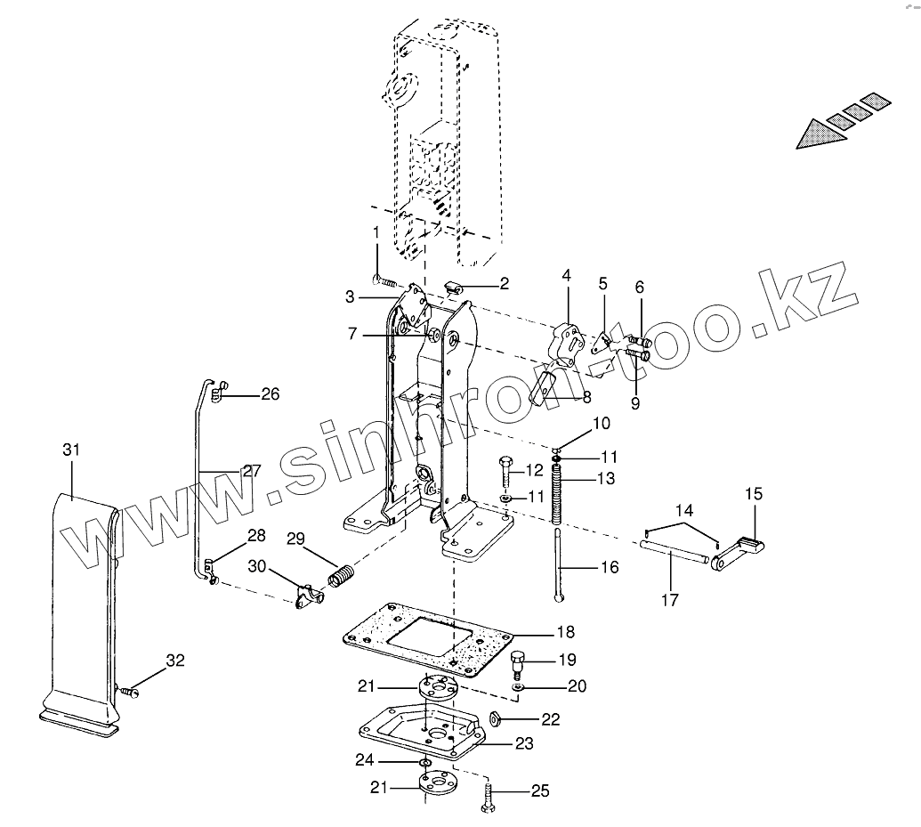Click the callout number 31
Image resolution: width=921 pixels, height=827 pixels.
click(71, 450)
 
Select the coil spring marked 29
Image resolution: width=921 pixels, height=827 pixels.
click(342, 577)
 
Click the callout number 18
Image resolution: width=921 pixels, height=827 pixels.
click(566, 632)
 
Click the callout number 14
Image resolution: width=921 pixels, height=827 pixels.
click(684, 511)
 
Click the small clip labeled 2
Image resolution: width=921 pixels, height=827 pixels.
click(454, 286)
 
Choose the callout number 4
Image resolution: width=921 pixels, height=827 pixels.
click(566, 276)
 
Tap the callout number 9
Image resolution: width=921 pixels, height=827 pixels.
click(634, 403)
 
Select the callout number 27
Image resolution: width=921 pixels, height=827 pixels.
click(252, 471)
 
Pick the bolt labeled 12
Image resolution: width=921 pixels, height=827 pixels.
click(505, 470)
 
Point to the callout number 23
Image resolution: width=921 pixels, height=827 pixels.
click(524, 743)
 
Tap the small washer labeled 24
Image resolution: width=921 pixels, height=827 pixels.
click(426, 763)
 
